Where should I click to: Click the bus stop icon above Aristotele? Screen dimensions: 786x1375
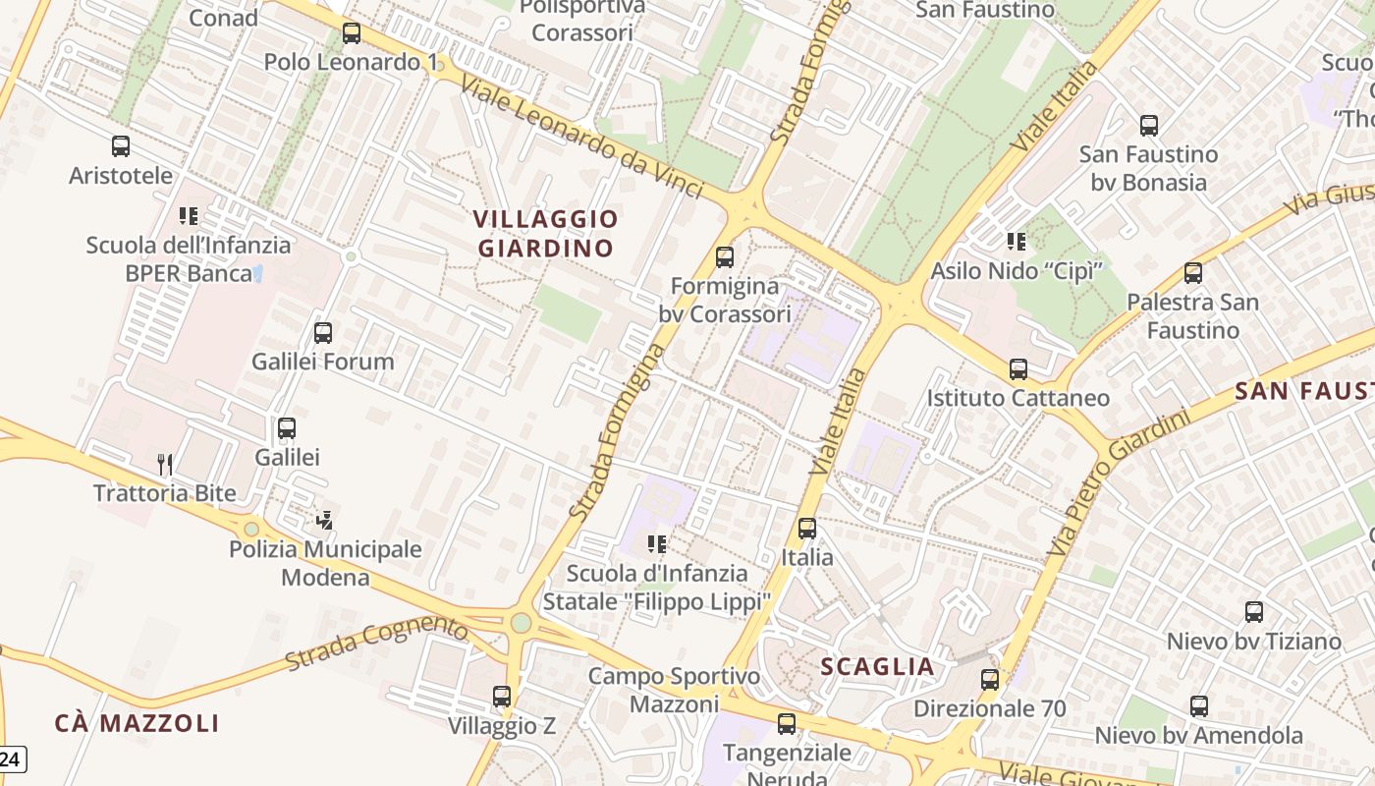[x=121, y=146]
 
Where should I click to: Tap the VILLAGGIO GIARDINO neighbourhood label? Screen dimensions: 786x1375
[x=546, y=234]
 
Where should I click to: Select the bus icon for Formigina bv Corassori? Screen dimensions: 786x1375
[x=725, y=257]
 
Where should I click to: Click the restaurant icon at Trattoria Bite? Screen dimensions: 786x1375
[x=165, y=464]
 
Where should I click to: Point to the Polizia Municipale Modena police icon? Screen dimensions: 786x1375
[x=325, y=520]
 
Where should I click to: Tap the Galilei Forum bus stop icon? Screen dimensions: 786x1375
[x=323, y=333]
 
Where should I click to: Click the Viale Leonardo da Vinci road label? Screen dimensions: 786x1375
[x=581, y=139]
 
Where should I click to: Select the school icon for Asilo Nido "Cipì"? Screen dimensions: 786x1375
[x=1017, y=241]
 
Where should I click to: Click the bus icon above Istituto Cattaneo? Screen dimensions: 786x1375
[x=1018, y=369]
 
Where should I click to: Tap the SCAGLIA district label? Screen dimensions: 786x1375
[x=877, y=667]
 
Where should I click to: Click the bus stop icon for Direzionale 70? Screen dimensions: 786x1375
[x=990, y=679]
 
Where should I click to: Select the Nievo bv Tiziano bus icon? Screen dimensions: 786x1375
[x=1254, y=612]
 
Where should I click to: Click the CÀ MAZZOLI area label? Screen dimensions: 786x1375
[x=137, y=724]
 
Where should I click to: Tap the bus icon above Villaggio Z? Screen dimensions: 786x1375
[x=502, y=697]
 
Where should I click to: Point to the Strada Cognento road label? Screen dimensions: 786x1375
[x=377, y=643]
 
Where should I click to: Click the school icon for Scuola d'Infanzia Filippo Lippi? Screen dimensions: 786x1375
[x=657, y=543]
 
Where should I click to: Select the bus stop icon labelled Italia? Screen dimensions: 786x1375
[x=807, y=528]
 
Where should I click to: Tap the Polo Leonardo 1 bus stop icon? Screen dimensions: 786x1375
[x=352, y=33]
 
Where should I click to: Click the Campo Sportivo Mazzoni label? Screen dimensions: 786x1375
[x=674, y=690]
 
